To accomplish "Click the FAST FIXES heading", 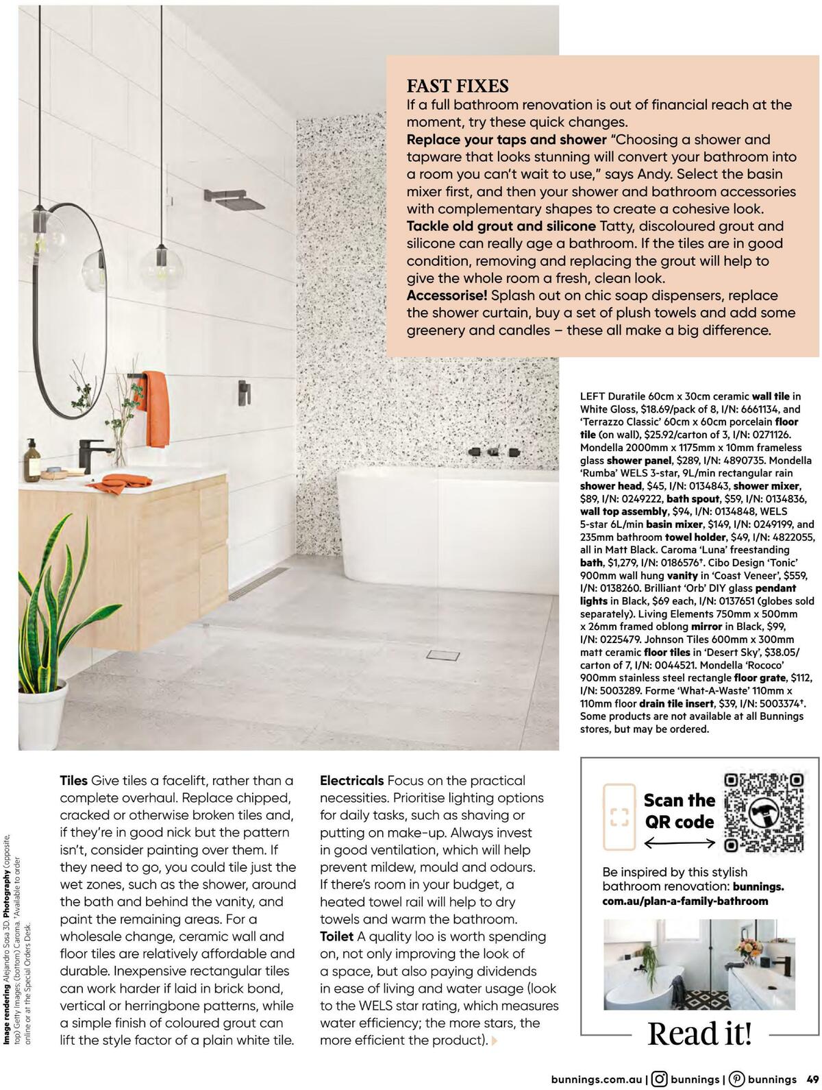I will click(x=458, y=86).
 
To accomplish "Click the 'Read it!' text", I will click(x=699, y=1033).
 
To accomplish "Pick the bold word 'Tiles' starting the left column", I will click(x=74, y=780).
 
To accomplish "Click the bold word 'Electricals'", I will click(x=351, y=780).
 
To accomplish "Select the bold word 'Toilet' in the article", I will click(x=337, y=936).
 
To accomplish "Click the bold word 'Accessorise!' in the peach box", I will click(x=447, y=295).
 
